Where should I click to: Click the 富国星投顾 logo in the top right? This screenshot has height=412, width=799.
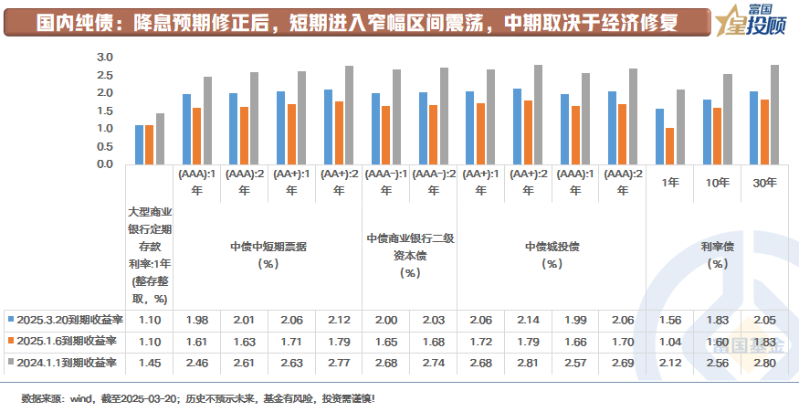[744, 19]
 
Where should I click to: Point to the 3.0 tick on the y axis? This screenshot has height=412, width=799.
[104, 58]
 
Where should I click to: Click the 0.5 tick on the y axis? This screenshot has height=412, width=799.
[104, 146]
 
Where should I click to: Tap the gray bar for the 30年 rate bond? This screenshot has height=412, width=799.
[775, 115]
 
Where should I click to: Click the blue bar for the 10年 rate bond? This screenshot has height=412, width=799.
[707, 132]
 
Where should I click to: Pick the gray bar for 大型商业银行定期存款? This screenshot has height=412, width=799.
[161, 139]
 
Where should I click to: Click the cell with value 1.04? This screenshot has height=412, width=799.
[671, 341]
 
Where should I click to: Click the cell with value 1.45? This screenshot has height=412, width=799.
[150, 363]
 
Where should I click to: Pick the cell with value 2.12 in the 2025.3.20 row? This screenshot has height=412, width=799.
[339, 320]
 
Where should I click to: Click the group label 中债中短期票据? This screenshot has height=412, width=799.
[268, 247]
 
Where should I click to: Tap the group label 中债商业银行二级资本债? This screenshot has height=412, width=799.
[410, 247]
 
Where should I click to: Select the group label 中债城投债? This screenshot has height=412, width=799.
[552, 247]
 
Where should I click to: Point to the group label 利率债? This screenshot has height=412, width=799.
[718, 247]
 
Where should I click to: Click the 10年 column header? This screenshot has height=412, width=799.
[718, 183]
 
